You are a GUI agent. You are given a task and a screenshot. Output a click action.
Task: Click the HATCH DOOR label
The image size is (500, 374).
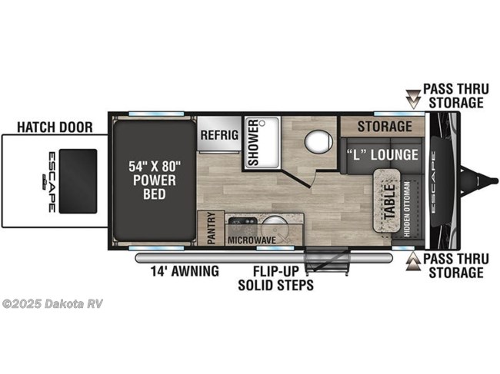(x=55, y=126)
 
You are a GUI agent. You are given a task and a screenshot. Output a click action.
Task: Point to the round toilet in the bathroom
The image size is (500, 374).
(x=316, y=142)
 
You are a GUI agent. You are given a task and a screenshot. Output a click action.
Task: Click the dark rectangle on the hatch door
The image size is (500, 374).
(x=78, y=181)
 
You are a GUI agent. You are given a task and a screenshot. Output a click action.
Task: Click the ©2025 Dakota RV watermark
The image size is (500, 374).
(x=52, y=303)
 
